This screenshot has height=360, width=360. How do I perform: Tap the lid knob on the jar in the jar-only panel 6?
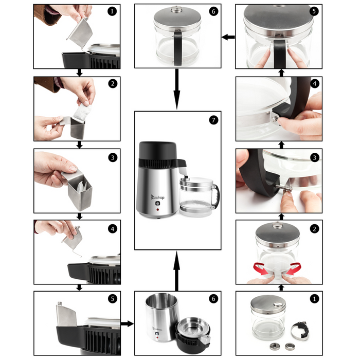[176, 9]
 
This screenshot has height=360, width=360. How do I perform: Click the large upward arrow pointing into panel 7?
[176, 267]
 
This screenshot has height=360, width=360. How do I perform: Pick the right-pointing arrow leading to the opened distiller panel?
[127, 323]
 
